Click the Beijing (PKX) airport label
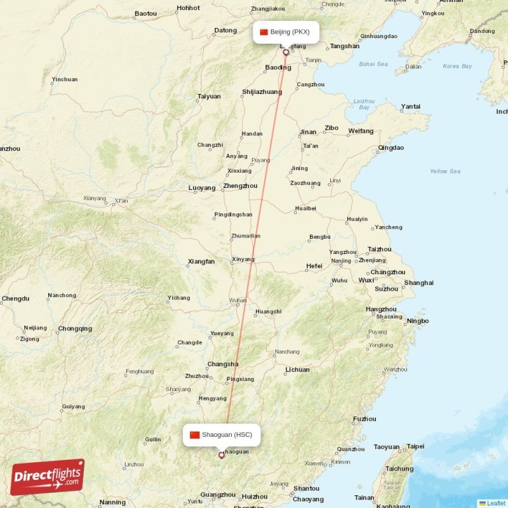click(x=286, y=32)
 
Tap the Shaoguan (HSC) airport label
click(x=222, y=434)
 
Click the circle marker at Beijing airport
click(x=286, y=53)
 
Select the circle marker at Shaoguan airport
click(x=221, y=455)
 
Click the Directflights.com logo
click(x=48, y=477)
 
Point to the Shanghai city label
click(x=418, y=283)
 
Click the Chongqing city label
click(x=75, y=329)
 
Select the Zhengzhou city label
click(x=240, y=186)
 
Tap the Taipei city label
click(x=415, y=446)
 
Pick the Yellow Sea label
click(x=444, y=171)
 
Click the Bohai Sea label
click(x=373, y=64)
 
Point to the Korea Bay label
click(x=457, y=66)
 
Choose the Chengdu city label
click(x=15, y=298)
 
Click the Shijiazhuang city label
click(x=262, y=92)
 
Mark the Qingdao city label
click(x=391, y=148)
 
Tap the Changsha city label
click(x=223, y=364)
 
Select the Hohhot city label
click(x=188, y=8)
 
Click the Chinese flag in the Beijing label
click(x=264, y=32)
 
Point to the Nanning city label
click(x=112, y=502)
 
